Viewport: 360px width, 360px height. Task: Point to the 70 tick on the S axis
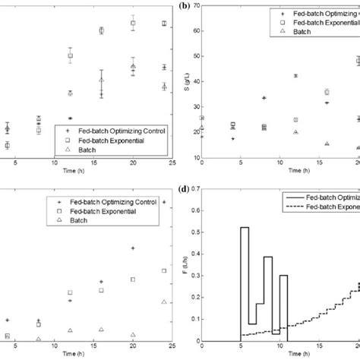click(x=195, y=7)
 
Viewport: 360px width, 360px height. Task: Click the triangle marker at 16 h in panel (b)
click(x=327, y=144)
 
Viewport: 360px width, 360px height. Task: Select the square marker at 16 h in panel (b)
click(x=327, y=92)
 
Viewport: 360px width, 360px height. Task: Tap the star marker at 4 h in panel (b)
click(x=232, y=139)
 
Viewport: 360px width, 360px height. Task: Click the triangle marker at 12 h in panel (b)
click(x=295, y=132)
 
